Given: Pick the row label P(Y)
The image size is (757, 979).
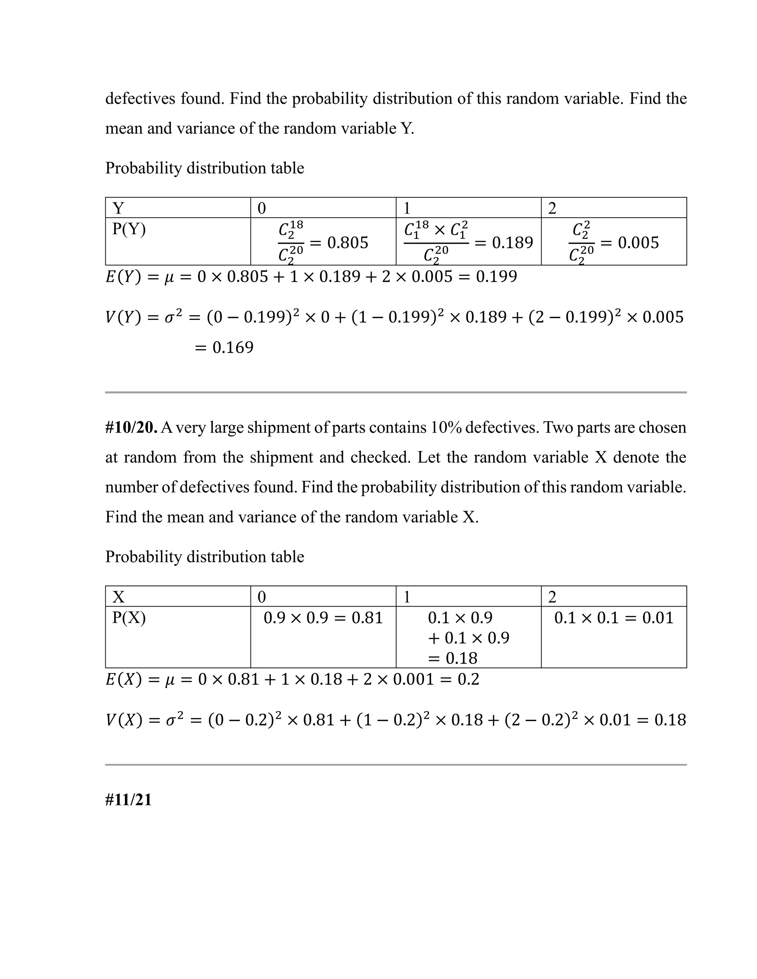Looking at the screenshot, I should tap(129, 229).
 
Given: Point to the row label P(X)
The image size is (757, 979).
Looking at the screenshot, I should tap(129, 618).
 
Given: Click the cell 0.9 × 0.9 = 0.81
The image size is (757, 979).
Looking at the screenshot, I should tap(323, 618).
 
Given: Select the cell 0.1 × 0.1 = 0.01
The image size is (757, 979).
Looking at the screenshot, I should tap(614, 618).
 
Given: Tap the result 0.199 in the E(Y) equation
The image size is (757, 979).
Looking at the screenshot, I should tap(496, 277).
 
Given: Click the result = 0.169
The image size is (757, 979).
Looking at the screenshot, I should tap(224, 347).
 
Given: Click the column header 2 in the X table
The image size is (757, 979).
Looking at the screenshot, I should tap(552, 597).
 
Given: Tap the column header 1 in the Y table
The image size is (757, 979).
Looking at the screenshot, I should tap(407, 208).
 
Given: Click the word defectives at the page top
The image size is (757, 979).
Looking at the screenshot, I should tap(140, 99).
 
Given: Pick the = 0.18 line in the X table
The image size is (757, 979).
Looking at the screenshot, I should tap(452, 658).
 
